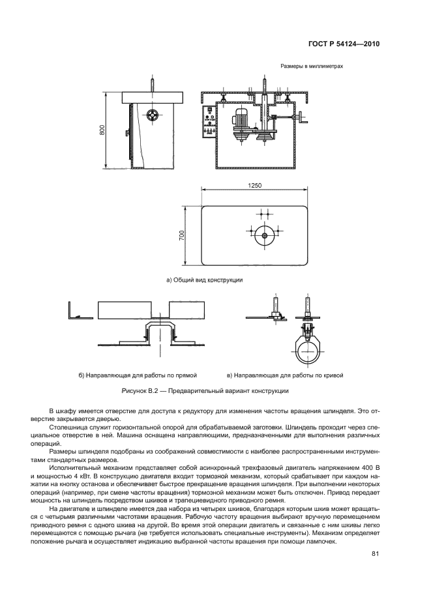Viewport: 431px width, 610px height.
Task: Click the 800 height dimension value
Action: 102,130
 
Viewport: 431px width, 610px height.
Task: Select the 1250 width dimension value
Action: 255,185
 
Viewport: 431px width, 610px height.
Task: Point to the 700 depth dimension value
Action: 181,236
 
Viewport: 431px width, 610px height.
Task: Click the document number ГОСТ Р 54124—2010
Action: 344,44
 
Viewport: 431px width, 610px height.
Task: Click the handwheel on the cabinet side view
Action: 151,115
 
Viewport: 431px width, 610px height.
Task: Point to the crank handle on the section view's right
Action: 300,118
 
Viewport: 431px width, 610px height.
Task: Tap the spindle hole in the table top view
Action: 265,235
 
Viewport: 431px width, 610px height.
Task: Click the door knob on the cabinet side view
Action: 128,133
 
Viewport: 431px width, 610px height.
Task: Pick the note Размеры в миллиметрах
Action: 312,66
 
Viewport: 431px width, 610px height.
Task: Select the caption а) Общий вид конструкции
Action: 204,280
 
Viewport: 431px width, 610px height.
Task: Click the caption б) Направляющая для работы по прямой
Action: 138,375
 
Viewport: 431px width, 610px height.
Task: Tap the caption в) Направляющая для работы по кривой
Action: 285,375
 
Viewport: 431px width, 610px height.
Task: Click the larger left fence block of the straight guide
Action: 124,310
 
